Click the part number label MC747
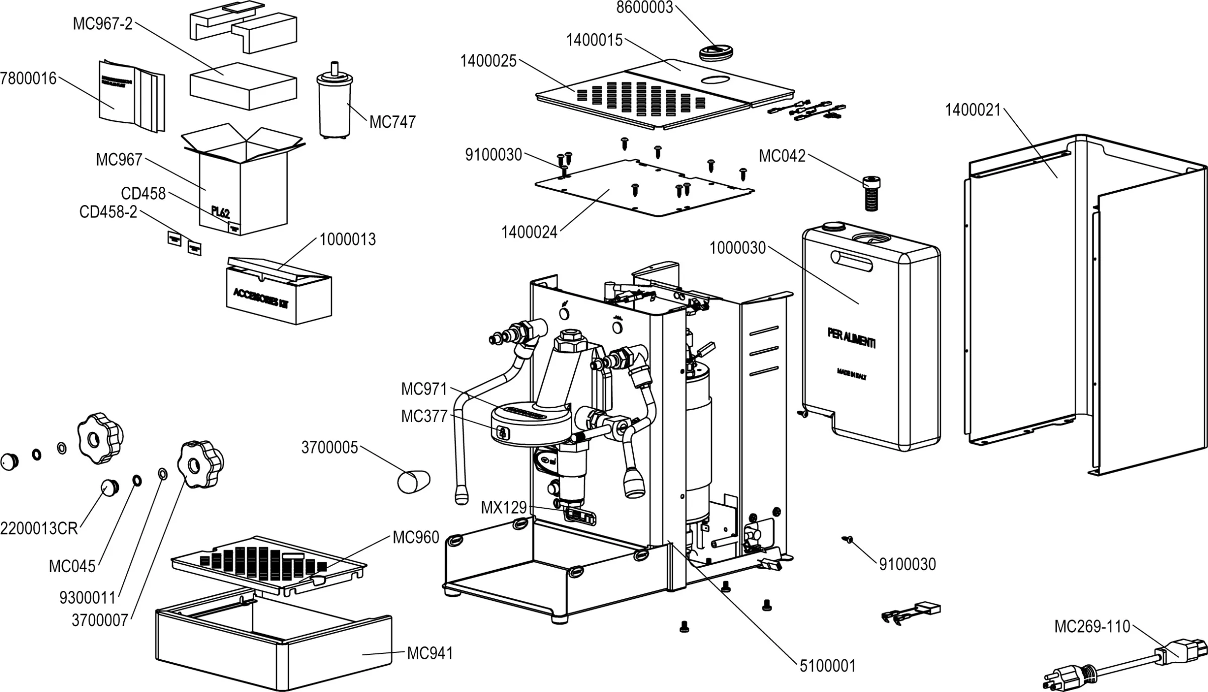pyautogui.click(x=392, y=122)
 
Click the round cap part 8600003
pyautogui.click(x=717, y=52)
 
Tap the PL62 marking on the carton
pyautogui.click(x=220, y=212)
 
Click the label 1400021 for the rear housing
pyautogui.click(x=972, y=110)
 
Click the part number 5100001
pyautogui.click(x=827, y=666)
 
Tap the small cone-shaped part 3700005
pyautogui.click(x=413, y=482)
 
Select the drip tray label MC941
pyautogui.click(x=429, y=653)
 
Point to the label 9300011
pyautogui.click(x=88, y=597)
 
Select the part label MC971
pyautogui.click(x=424, y=389)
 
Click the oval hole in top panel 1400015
pyautogui.click(x=717, y=80)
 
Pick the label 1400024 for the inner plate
pyautogui.click(x=529, y=233)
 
